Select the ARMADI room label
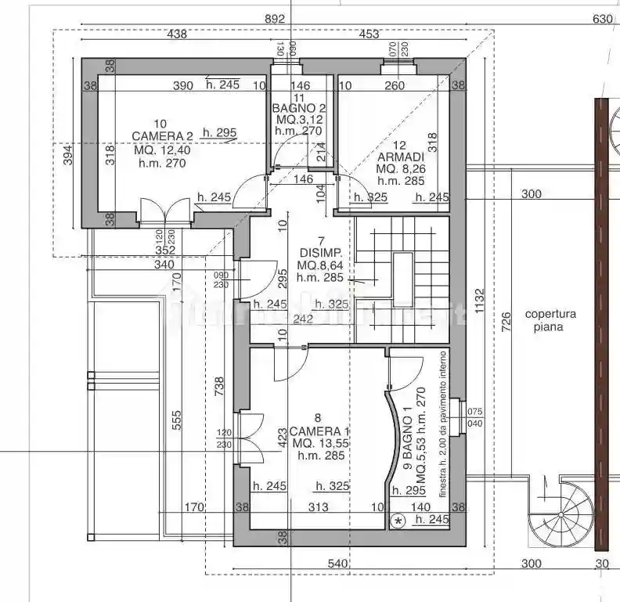400,157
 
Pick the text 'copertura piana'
550,320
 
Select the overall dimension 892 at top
275,19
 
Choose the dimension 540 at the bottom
337,564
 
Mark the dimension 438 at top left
177,34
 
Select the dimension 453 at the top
369,34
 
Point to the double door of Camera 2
164,211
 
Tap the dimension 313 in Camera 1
318,507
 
